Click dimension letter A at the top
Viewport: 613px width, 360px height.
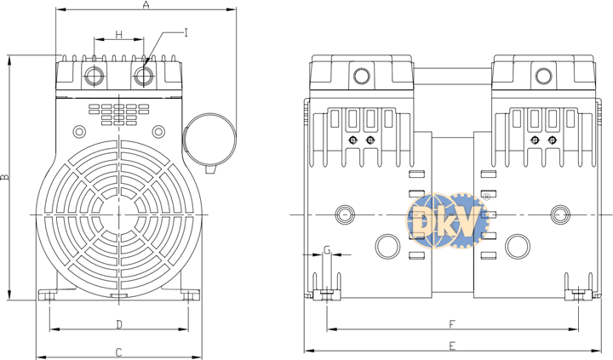click(x=146, y=5)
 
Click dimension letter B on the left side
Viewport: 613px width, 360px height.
click(x=5, y=177)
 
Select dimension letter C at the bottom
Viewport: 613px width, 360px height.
click(x=119, y=351)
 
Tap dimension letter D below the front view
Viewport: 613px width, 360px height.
click(x=119, y=324)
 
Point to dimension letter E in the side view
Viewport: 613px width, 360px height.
click(x=452, y=346)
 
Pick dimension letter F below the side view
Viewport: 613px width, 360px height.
click(x=452, y=324)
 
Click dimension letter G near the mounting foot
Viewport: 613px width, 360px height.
click(x=327, y=249)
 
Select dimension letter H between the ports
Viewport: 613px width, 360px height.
click(x=119, y=34)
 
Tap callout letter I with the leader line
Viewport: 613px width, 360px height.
click(x=186, y=32)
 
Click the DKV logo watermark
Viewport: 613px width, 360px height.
click(x=448, y=220)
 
